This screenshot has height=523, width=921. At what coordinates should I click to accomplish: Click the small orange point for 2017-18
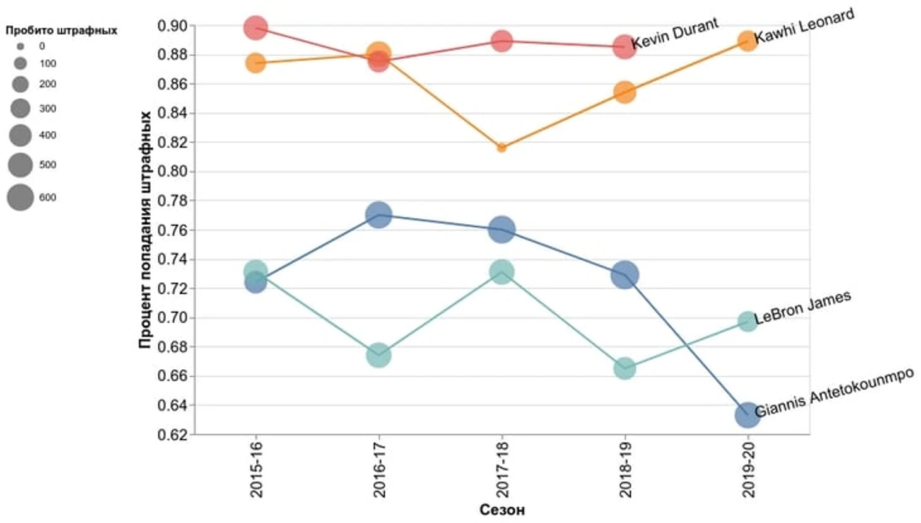(x=502, y=148)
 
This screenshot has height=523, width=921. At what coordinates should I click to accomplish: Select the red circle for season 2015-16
(x=255, y=28)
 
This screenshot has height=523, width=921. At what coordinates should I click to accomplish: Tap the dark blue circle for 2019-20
(x=748, y=415)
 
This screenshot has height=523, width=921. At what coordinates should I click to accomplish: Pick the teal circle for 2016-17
(x=378, y=355)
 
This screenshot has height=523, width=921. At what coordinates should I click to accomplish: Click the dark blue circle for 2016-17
(x=378, y=215)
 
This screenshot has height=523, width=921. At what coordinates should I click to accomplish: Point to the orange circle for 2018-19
(x=625, y=93)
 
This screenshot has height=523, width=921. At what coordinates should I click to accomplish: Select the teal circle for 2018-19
(x=625, y=369)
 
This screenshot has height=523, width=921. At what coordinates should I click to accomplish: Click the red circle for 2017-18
(x=502, y=41)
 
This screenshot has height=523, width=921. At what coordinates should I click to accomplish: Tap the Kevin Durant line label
(x=675, y=33)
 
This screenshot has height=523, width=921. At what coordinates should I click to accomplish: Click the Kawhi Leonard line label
(x=804, y=26)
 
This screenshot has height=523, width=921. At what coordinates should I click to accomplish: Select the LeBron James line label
(x=802, y=307)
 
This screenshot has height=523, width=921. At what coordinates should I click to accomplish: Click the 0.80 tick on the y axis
(x=172, y=171)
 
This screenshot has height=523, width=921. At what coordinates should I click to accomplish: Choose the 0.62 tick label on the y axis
(x=172, y=434)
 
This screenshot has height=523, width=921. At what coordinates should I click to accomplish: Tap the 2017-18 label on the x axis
(x=502, y=469)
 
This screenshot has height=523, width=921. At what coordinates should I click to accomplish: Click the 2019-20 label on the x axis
(x=748, y=469)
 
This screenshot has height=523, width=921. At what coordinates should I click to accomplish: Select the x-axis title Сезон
(x=502, y=510)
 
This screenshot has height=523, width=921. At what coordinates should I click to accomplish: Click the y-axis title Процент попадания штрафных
(x=145, y=230)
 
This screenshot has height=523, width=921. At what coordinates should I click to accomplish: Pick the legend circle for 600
(x=20, y=198)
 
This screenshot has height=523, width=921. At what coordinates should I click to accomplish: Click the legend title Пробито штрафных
(x=61, y=30)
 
